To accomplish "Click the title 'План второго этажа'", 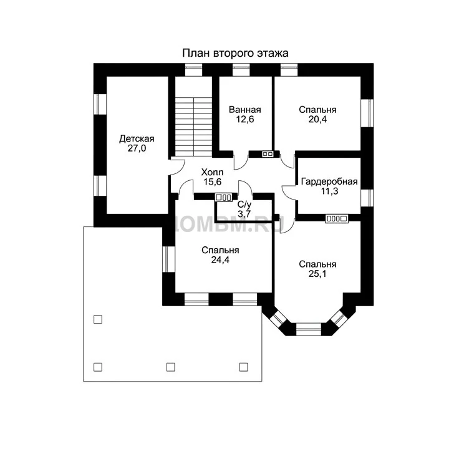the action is (235, 53).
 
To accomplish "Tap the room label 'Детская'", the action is (137, 138).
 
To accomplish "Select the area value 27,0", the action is (137, 148).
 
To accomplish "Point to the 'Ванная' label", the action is (245, 110).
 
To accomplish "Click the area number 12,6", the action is (245, 119).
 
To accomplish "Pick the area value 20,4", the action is (317, 119).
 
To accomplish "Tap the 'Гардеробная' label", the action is (329, 181).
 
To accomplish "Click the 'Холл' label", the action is (212, 172).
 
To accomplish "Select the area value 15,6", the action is (212, 181).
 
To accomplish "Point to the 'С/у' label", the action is (244, 205).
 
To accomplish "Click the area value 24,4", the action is (220, 259).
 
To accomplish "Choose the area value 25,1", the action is (317, 274).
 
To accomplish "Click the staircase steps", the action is (193, 127).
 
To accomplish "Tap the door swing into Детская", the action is (178, 167).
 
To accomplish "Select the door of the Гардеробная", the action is (289, 192).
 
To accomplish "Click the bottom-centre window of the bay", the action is (309, 329).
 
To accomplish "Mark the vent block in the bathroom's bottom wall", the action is (268, 154).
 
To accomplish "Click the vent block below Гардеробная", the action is (337, 219).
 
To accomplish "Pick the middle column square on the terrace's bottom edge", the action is (171, 367).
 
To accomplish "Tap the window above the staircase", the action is (193, 70).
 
